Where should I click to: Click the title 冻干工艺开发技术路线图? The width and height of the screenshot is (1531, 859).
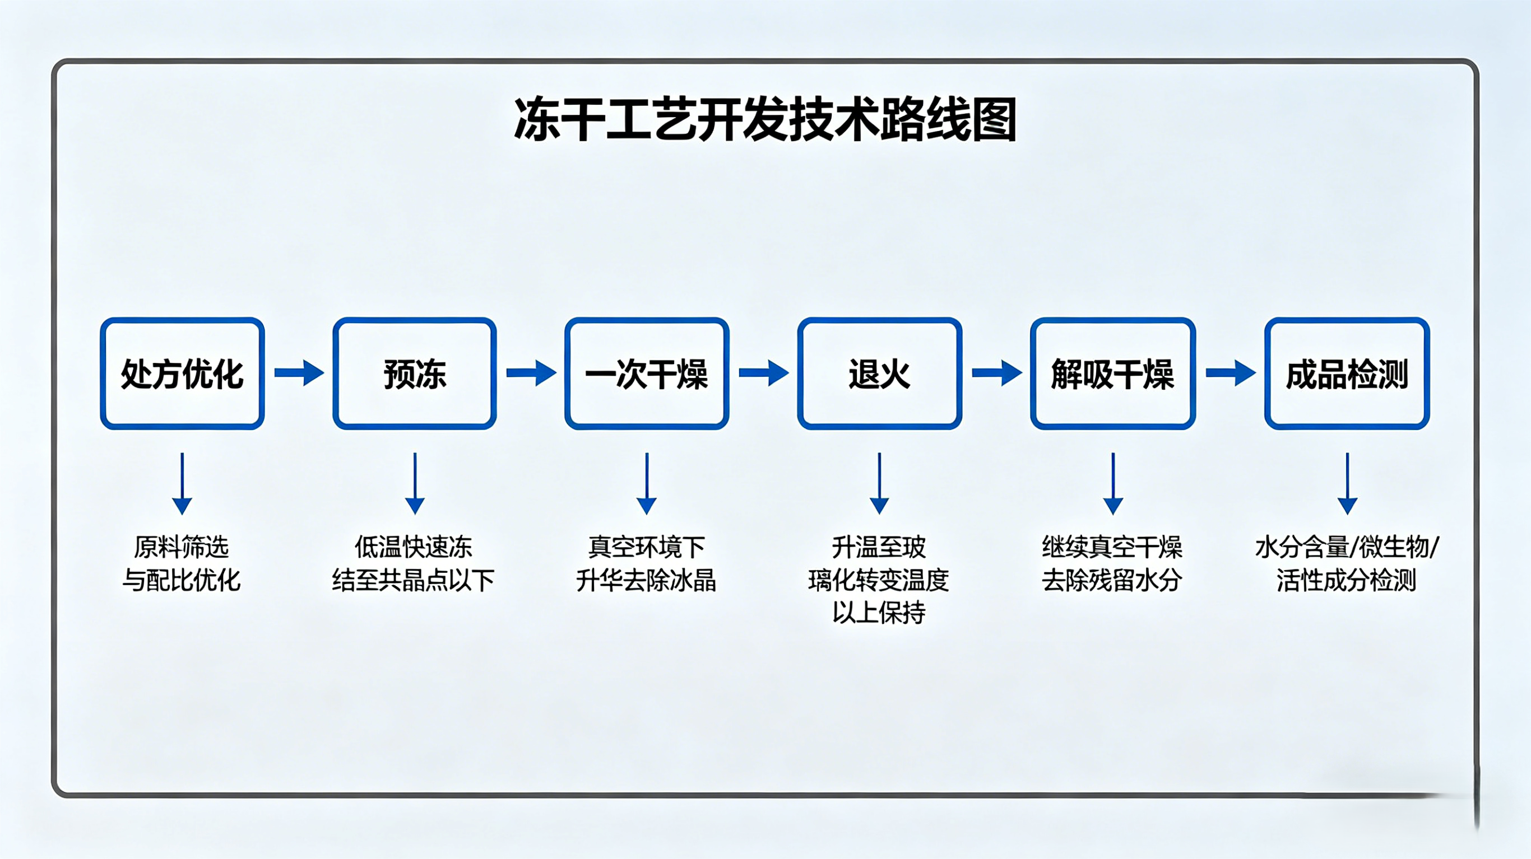pyautogui.click(x=765, y=120)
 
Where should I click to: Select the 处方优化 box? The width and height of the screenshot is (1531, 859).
pyautogui.click(x=182, y=373)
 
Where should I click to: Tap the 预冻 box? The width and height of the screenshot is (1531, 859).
pyautogui.click(x=414, y=373)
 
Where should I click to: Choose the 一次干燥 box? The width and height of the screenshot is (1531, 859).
pyautogui.click(x=647, y=373)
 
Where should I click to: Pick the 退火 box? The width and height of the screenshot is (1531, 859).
pyautogui.click(x=880, y=373)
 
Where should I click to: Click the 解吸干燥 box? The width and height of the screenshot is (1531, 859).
pyautogui.click(x=1112, y=373)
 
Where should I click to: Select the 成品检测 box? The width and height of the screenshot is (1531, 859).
pyautogui.click(x=1347, y=373)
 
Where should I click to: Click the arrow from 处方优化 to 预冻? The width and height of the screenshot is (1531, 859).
pyautogui.click(x=299, y=373)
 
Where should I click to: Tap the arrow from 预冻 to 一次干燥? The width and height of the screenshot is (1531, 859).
pyautogui.click(x=531, y=373)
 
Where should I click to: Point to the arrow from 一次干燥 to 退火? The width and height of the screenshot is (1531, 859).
pyautogui.click(x=764, y=373)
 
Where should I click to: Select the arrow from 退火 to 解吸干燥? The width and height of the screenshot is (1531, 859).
pyautogui.click(x=997, y=373)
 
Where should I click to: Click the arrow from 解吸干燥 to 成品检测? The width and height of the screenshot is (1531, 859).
pyautogui.click(x=1230, y=373)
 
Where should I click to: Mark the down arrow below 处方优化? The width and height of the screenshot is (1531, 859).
pyautogui.click(x=182, y=484)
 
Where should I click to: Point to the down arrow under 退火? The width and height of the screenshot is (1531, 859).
pyautogui.click(x=879, y=484)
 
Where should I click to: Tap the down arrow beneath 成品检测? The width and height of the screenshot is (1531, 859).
pyautogui.click(x=1347, y=484)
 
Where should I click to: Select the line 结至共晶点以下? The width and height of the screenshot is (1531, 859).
pyautogui.click(x=414, y=580)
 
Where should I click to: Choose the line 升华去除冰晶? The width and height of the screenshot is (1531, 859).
pyautogui.click(x=646, y=580)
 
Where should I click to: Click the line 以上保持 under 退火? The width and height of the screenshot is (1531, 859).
pyautogui.click(x=879, y=613)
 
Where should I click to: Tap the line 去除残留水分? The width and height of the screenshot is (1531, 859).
pyautogui.click(x=1112, y=580)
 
